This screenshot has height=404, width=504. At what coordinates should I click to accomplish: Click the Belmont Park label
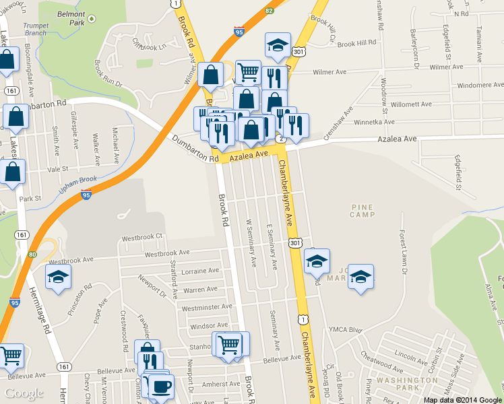[71, 18]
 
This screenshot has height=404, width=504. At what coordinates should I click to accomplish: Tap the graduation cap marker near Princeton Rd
[59, 276]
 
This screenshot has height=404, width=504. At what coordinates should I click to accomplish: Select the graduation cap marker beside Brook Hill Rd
[278, 45]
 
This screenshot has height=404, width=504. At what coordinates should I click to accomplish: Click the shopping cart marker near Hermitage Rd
[10, 356]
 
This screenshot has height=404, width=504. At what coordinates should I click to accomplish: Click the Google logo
[24, 393]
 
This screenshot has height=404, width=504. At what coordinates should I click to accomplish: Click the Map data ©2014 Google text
[462, 399]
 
